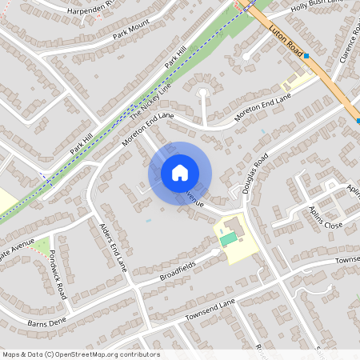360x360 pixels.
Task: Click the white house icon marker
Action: [x=180, y=173]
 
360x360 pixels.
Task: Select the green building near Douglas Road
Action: [x=229, y=238]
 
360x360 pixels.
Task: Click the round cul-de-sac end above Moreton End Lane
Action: [x=202, y=94]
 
